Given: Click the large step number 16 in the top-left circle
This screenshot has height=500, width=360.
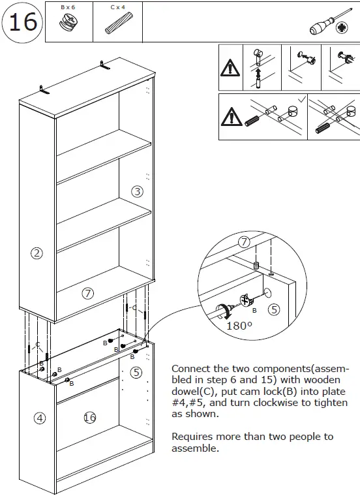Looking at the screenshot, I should coord(22,22).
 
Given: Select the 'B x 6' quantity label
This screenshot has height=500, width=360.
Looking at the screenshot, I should coord(68,7).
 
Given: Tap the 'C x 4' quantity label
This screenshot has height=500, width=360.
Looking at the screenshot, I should coord(117,7).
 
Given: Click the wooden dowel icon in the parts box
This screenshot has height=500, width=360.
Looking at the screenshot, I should coord(117,25).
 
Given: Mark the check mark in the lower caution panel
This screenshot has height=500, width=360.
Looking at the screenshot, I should coord(301,99).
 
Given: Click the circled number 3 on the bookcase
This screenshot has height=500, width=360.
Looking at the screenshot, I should coord(137,191).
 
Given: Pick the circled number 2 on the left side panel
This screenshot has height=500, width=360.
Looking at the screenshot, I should coord(37,253).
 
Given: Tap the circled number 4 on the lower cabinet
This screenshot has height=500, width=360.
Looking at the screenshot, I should coord(40,418).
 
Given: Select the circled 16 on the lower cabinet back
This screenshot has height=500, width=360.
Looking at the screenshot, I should coord(90,417).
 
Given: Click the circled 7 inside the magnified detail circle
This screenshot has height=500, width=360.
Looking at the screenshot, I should coord(244,242).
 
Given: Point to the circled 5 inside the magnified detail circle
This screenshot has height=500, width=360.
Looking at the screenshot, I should coord(274,310).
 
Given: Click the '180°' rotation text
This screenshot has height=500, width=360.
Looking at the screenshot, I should coord(239,325).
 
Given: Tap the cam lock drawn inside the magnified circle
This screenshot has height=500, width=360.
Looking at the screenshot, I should coord(248,302).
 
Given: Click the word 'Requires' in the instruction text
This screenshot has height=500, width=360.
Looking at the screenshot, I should coord(190,437).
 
